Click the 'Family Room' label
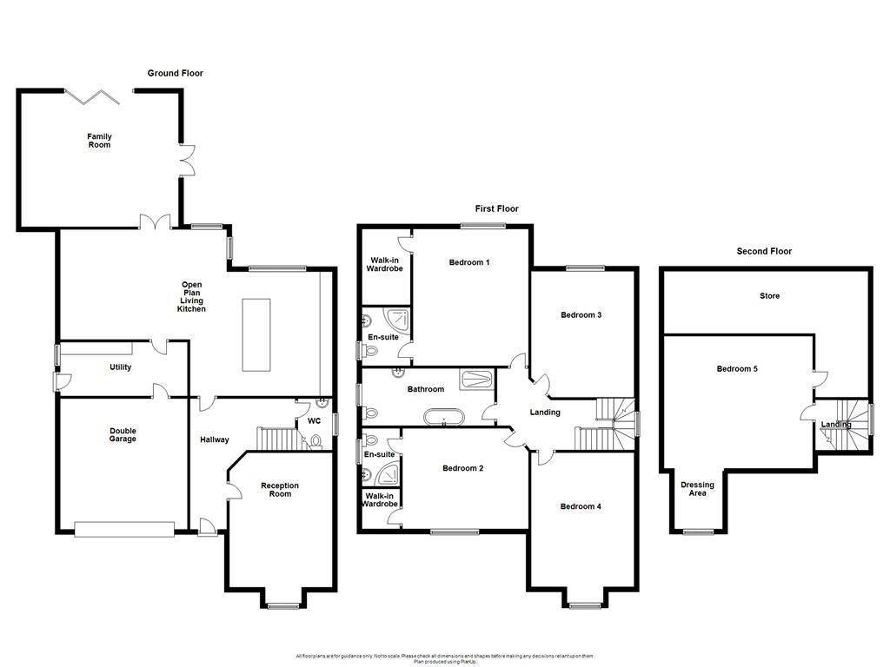point(99,141)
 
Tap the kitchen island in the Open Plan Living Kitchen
point(256,335)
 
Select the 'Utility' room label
point(120,367)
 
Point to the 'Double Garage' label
point(123,435)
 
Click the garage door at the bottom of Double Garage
point(123,526)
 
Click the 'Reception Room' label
point(280,490)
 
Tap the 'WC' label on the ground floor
point(314,421)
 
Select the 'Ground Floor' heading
point(175,74)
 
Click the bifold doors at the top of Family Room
point(98,93)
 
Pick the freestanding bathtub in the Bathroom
point(444,418)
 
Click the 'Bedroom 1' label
point(469,262)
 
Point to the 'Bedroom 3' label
point(581,315)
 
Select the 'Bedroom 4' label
point(581,506)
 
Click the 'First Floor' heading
point(496,208)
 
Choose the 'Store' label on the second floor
point(769,296)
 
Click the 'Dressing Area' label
point(697,490)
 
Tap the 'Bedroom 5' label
point(737,369)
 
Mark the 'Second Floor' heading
point(764,252)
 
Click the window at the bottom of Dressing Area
point(697,532)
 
